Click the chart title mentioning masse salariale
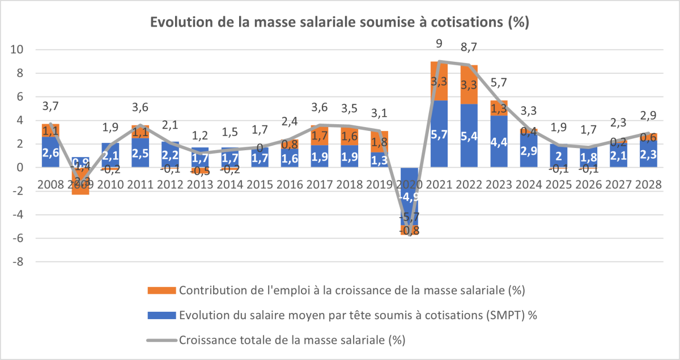pyautogui.click(x=339, y=23)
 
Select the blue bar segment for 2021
pyautogui.click(x=439, y=134)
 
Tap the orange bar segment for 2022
pyautogui.click(x=469, y=85)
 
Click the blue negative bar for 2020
pyautogui.click(x=409, y=196)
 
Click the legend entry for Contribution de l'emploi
pyautogui.click(x=351, y=291)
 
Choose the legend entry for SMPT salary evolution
pyautogui.click(x=357, y=316)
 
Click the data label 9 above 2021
pyautogui.click(x=439, y=43)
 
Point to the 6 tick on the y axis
pyautogui.click(x=19, y=97)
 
